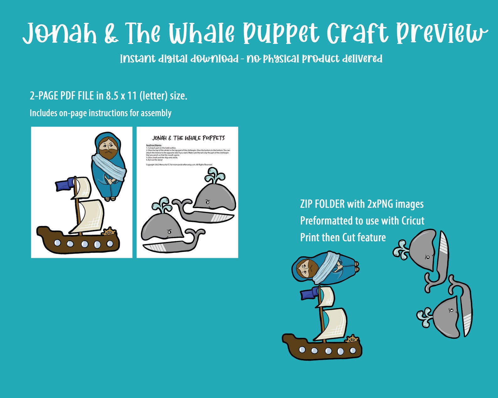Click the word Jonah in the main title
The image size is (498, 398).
coord(60,33)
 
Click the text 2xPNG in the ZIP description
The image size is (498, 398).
coord(380,204)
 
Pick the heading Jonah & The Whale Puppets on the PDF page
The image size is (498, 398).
coord(188,138)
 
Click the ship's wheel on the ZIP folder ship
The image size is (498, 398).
coord(352,339)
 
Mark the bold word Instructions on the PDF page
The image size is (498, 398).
coord(154,145)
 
